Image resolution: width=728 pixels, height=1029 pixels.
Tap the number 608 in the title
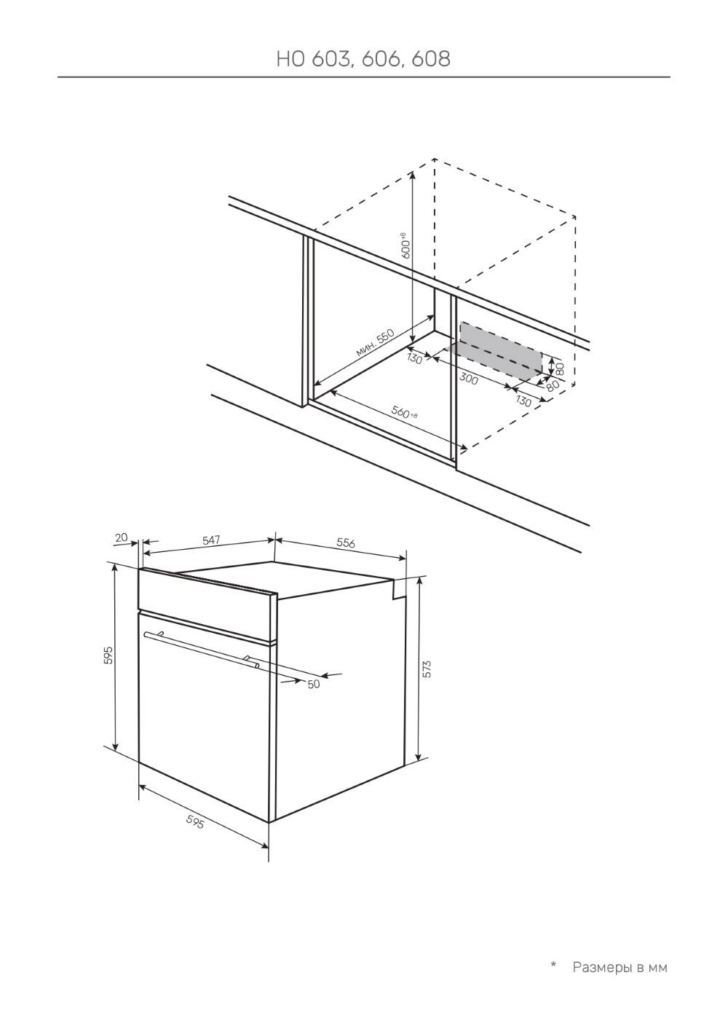(x=431, y=59)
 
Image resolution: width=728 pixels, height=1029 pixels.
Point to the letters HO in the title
(x=290, y=59)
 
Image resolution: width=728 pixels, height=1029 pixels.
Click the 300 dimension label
(x=469, y=379)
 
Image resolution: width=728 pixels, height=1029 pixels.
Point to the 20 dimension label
(x=122, y=537)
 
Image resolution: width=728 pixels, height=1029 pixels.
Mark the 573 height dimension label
(x=427, y=669)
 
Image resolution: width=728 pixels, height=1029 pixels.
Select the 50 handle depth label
(x=313, y=684)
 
